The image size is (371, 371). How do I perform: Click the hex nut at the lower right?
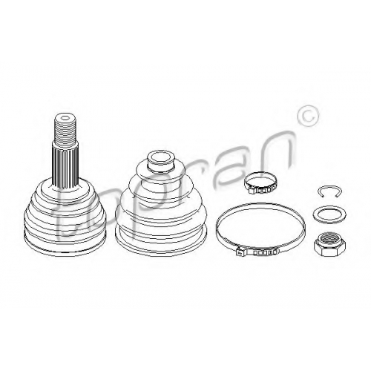tap(327, 245)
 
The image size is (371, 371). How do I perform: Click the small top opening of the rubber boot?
tap(160, 157)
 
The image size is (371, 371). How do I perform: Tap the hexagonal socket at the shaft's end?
tap(65, 118)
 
